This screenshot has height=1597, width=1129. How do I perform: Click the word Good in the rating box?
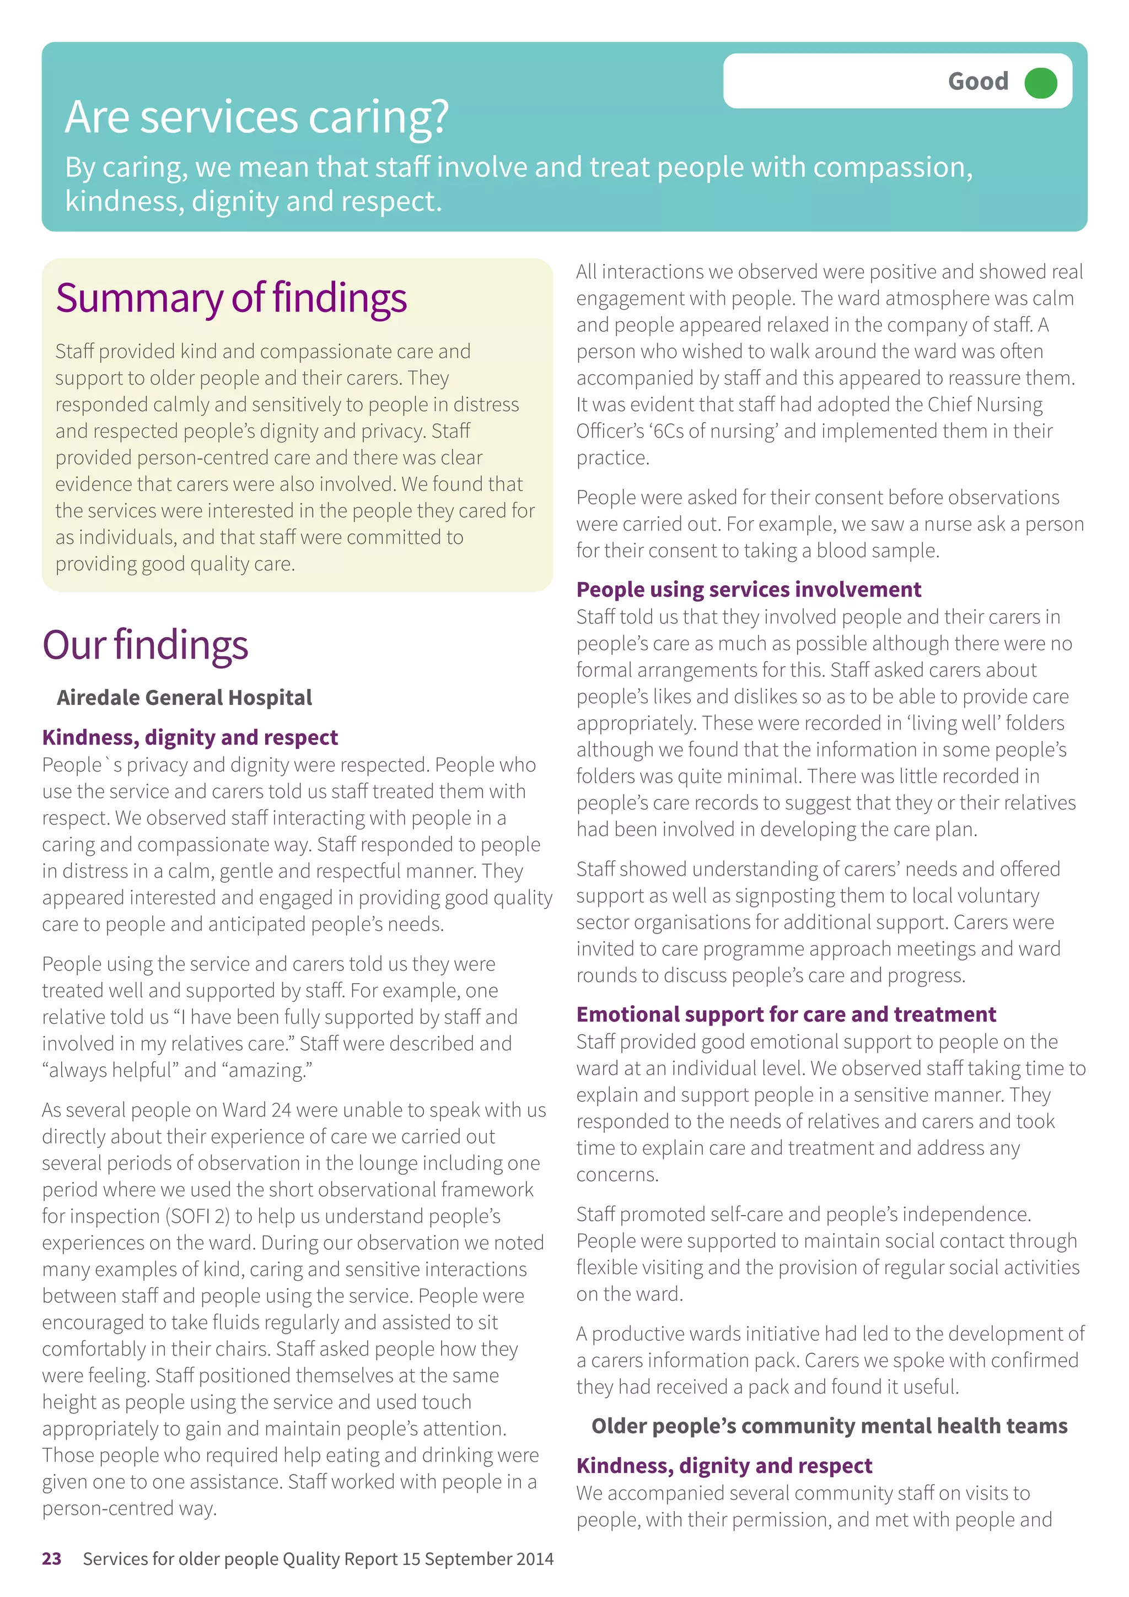pyautogui.click(x=977, y=82)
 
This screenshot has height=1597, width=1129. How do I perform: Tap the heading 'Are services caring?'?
pyautogui.click(x=257, y=117)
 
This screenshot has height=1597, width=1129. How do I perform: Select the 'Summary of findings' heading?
pyautogui.click(x=231, y=298)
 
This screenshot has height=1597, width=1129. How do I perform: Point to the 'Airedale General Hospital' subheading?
pyautogui.click(x=184, y=698)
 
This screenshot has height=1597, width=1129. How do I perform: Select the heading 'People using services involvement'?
pyautogui.click(x=749, y=590)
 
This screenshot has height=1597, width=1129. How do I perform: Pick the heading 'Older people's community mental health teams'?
pyautogui.click(x=829, y=1427)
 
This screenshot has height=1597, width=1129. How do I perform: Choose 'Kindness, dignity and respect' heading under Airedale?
pyautogui.click(x=190, y=737)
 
